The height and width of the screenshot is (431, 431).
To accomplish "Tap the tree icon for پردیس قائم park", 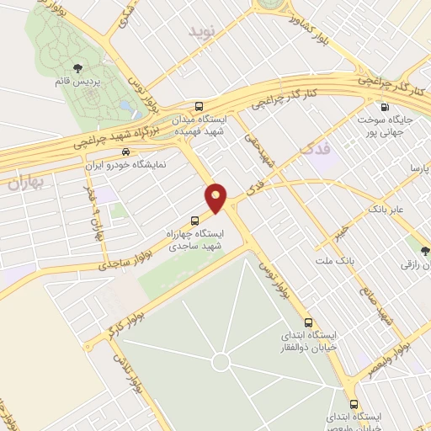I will pyautogui.click(x=77, y=68).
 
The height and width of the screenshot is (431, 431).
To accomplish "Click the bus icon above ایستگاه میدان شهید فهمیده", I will pyautogui.click(x=200, y=106).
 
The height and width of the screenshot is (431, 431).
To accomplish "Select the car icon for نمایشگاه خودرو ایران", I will pyautogui.click(x=125, y=152).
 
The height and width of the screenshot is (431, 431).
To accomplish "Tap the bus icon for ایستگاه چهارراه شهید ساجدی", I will pyautogui.click(x=196, y=222).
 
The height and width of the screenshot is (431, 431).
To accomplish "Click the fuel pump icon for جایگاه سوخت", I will pyautogui.click(x=385, y=107).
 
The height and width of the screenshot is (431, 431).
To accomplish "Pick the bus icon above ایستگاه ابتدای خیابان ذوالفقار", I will pyautogui.click(x=307, y=322).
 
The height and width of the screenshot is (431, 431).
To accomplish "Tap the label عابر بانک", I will pyautogui.click(x=389, y=207).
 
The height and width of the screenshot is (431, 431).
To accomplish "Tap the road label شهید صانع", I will pyautogui.click(x=386, y=306).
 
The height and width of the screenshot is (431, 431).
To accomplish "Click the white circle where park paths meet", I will pyautogui.click(x=221, y=362).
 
